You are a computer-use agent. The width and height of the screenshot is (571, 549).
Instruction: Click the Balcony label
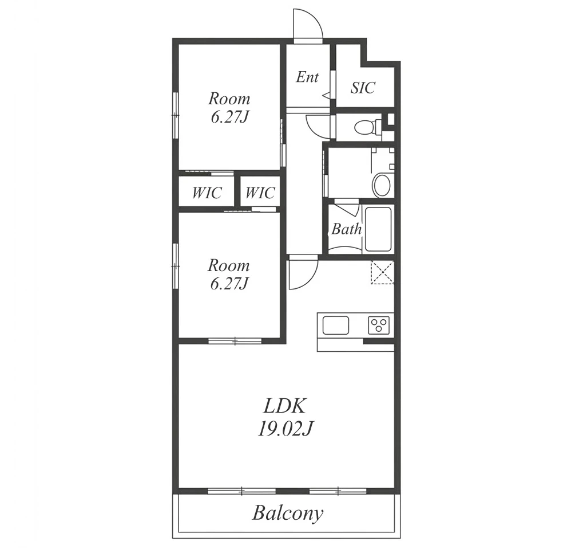coord(288,513)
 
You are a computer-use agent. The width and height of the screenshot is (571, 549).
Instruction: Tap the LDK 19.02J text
coord(285,417)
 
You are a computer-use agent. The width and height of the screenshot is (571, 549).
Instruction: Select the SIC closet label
coord(363,88)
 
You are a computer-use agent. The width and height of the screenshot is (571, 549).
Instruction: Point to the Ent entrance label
coord(307,77)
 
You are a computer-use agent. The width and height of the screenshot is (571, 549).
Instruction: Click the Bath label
coord(346,229)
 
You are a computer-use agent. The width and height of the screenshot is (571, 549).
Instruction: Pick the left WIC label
coord(207,193)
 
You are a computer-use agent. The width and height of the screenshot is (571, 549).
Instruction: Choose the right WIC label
coord(260,193)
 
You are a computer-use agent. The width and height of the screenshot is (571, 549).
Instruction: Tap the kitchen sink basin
coord(335,325)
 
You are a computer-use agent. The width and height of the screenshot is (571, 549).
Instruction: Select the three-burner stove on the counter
coord(379,325)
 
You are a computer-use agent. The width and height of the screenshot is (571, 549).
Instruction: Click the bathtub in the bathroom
coord(378,229)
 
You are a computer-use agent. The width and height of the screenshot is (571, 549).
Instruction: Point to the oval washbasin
coord(381,185)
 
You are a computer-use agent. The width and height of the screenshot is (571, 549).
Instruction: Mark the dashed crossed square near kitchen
coord(382,272)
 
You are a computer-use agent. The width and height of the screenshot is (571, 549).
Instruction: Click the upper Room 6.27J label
coord(229,108)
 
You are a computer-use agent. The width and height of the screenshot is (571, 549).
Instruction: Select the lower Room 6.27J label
coord(229,274)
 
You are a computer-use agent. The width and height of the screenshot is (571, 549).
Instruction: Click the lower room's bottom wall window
coord(235,342)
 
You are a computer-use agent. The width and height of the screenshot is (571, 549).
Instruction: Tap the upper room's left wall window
coord(176,115)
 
